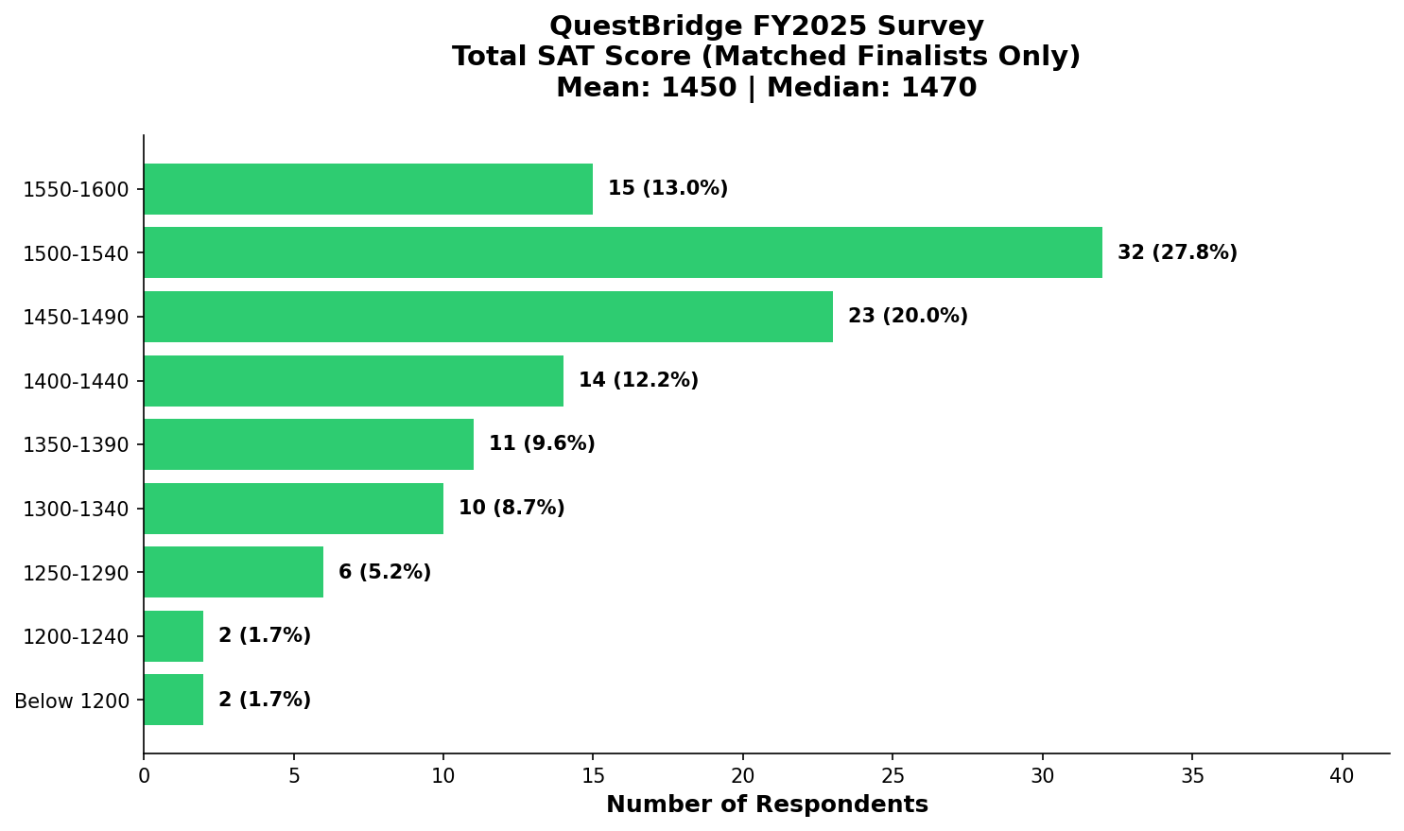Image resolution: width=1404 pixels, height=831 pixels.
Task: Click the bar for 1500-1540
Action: (x=622, y=252)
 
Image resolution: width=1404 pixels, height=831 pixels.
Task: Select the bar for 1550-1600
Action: (x=368, y=189)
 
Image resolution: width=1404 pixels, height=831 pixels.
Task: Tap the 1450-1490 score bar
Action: (x=488, y=317)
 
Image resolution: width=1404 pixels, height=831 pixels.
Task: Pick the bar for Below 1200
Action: (x=173, y=700)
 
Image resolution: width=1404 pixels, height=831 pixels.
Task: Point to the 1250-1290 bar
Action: (x=234, y=572)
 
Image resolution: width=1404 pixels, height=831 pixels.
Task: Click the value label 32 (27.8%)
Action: (x=1176, y=252)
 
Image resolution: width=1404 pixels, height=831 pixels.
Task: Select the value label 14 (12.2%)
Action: (x=638, y=381)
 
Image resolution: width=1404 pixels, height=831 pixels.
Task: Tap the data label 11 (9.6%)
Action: (x=542, y=444)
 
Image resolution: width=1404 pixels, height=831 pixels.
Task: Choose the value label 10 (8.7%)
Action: (x=511, y=509)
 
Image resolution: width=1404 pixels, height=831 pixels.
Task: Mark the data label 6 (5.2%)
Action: (x=384, y=572)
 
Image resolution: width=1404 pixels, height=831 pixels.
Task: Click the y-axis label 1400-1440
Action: (x=76, y=382)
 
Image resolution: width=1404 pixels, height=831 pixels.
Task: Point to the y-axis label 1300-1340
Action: (x=76, y=510)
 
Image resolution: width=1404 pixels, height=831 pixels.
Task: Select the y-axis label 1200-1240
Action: (x=76, y=637)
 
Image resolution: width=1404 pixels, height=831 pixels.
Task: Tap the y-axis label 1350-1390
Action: (x=76, y=445)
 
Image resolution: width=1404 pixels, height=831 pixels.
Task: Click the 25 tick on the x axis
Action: (x=893, y=776)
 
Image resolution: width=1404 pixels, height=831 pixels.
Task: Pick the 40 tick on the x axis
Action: (x=1342, y=776)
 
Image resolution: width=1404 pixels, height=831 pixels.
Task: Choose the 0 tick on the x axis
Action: (x=144, y=776)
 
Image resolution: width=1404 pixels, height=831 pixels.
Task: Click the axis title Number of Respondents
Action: (x=767, y=805)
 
